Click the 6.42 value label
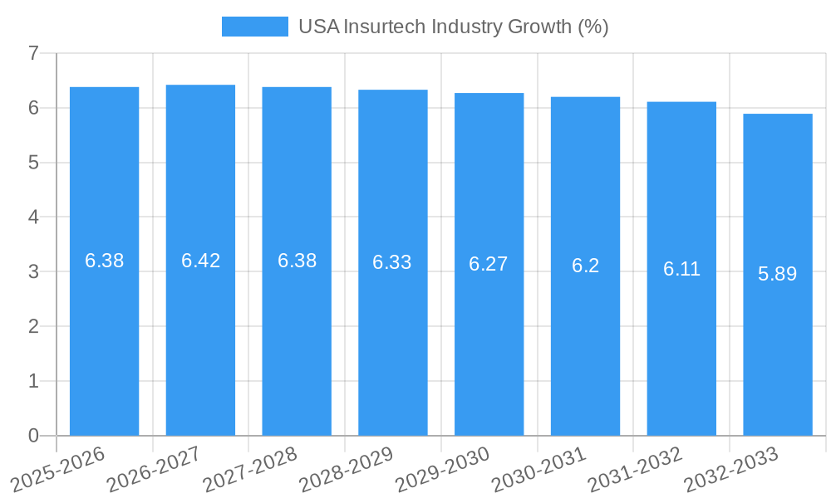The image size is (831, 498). [200, 261]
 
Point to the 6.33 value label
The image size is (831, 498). [392, 262]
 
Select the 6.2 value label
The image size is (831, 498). [585, 266]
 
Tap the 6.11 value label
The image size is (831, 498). [681, 269]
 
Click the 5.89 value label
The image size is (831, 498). [778, 274]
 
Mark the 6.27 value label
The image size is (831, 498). [489, 264]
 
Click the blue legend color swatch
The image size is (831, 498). [254, 27]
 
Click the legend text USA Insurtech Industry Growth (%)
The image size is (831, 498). [454, 27]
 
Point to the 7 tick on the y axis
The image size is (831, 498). [33, 53]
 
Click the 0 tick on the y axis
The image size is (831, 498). [33, 436]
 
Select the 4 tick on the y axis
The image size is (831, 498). [33, 217]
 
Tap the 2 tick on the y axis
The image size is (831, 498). [33, 326]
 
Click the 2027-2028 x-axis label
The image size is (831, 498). [249, 469]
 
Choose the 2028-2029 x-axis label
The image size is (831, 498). [346, 469]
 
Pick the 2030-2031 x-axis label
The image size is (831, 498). [538, 469]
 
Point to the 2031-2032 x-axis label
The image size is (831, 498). [635, 469]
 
